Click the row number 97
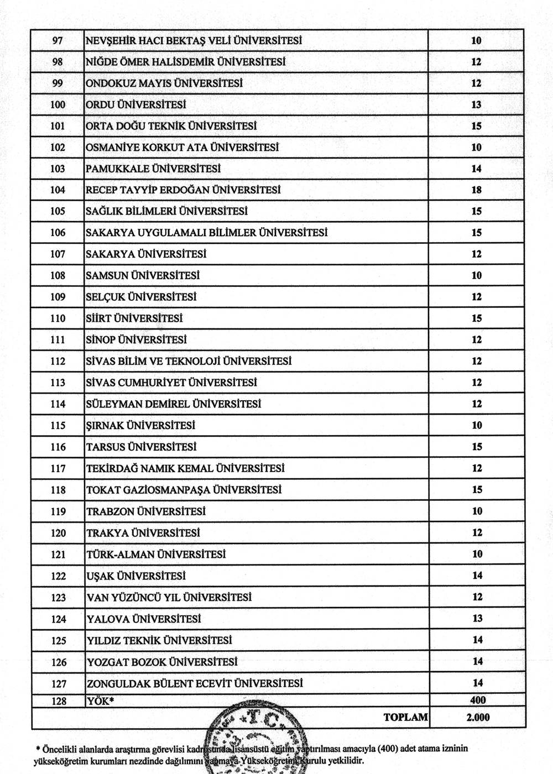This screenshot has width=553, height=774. [x=58, y=40]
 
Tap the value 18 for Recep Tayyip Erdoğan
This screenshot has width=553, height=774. [x=476, y=190]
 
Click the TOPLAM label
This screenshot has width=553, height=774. [x=405, y=718]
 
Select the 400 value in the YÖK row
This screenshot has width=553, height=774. [x=477, y=700]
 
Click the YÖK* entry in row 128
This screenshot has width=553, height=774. [x=99, y=701]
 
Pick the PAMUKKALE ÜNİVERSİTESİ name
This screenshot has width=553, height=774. [x=153, y=169]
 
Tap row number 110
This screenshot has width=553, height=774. [x=58, y=318]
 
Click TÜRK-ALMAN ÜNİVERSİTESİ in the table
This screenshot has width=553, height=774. [x=156, y=555]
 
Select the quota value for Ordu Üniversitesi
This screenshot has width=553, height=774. [x=476, y=104]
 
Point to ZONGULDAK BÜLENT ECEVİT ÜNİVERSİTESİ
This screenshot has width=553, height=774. [x=195, y=683]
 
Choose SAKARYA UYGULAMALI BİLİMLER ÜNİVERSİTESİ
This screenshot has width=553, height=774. [x=206, y=233]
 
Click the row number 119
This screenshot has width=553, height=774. [x=58, y=511]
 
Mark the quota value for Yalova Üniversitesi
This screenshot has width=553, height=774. [x=477, y=619]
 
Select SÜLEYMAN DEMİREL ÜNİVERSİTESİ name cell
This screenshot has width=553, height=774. [x=173, y=404]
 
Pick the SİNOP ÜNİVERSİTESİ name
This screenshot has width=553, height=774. [x=136, y=340]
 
